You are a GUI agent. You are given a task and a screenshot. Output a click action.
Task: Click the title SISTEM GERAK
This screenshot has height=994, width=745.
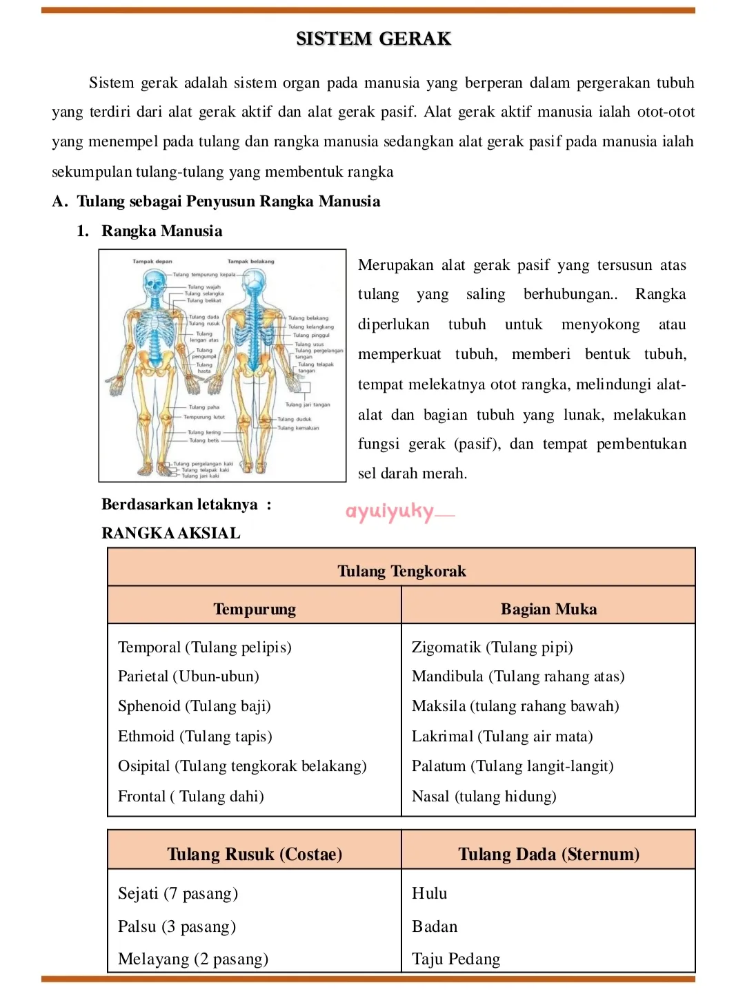373,39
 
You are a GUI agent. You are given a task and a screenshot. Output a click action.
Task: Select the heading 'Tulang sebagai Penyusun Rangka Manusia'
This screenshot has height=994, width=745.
228,202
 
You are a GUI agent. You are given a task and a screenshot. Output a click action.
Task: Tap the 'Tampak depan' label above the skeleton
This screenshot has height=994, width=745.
152,262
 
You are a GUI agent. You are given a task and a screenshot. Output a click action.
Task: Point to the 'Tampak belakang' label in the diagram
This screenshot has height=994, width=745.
250,262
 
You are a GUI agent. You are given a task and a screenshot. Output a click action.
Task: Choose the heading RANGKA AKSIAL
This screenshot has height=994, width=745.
170,533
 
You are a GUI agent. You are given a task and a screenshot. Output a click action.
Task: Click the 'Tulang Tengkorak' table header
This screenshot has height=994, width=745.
401,571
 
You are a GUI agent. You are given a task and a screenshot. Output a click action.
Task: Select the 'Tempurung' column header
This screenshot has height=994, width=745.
255,609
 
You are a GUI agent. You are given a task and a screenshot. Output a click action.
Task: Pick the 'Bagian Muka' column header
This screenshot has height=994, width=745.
548,609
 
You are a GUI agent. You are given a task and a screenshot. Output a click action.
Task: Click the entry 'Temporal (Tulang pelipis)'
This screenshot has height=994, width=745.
204,647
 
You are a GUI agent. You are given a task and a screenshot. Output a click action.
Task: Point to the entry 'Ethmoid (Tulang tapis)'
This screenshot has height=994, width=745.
195,737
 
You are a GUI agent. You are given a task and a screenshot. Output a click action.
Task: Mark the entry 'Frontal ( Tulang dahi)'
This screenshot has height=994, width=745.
190,797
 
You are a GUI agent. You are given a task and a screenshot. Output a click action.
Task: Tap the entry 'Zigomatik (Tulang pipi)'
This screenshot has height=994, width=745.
492,647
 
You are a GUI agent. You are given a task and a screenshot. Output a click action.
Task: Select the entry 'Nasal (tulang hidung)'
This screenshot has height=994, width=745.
484,797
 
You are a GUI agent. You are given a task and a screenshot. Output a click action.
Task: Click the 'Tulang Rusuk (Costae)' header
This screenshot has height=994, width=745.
255,855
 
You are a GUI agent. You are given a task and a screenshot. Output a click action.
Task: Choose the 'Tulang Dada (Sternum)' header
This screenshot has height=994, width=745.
548,855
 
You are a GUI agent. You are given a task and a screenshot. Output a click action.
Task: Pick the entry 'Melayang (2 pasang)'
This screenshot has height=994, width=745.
193,959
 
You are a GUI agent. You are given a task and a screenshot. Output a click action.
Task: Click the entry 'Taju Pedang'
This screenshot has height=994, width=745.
456,959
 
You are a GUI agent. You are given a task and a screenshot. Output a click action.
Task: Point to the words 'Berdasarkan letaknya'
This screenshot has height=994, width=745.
179,505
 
